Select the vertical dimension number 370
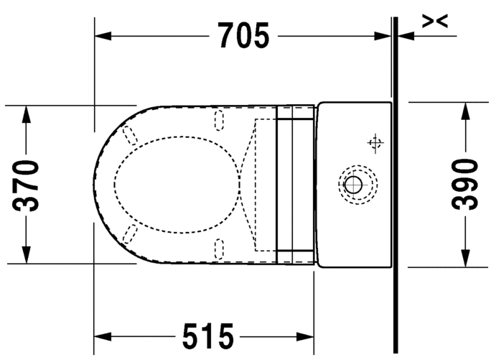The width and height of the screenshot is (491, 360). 27,185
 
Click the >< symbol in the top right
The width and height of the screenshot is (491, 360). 435,22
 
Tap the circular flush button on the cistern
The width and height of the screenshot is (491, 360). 353,184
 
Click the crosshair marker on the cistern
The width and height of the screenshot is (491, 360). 374,143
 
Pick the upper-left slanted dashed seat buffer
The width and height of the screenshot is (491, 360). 131,135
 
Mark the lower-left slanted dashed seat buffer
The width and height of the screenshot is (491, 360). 131,233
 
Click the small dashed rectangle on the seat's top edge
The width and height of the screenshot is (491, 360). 220,119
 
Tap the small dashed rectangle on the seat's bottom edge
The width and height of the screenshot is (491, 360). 220,249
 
